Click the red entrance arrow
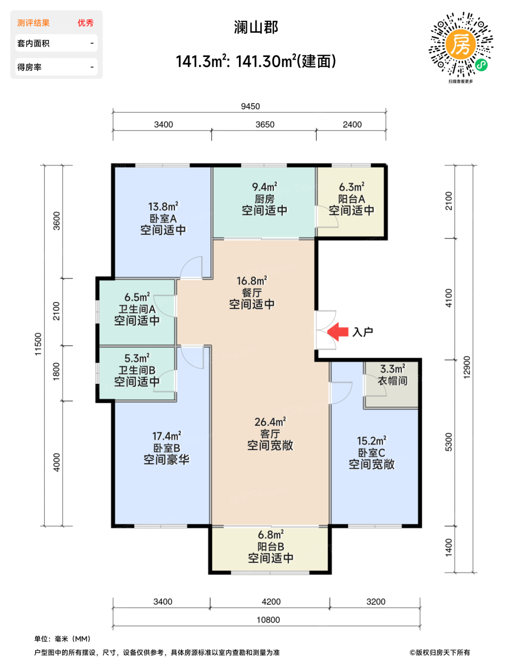coord(337,332)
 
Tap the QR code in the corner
coord(460,44)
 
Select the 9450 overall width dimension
coord(250,106)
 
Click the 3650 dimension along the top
coord(265,124)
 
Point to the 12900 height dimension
coord(466,367)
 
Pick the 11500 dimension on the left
coord(38,344)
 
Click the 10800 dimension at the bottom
coord(268,620)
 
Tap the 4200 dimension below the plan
coord(271,602)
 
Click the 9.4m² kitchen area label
coord(265,187)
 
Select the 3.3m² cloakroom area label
coord(393,369)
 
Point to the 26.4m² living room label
coord(270,422)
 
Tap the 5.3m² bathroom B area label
coord(137,358)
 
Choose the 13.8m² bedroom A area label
coord(163,207)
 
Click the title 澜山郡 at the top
coord(256,27)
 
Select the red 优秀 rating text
coord(85,23)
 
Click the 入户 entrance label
coord(363,332)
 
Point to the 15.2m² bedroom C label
coord(371,441)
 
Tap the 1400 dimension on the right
coord(448,548)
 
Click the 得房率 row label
coord(29,67)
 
